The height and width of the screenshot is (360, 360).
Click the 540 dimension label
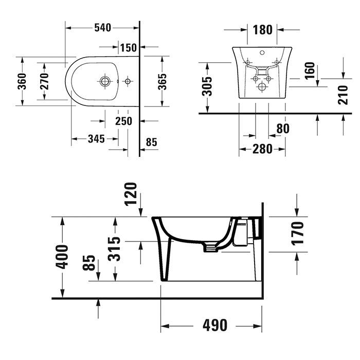pos(103,28)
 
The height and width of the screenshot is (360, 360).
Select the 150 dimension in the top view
pos(128,48)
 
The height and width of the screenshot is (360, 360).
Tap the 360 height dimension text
pos(22,81)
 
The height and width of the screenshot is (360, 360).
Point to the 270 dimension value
pos(44,81)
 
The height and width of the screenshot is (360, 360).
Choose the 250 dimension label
pos(123,121)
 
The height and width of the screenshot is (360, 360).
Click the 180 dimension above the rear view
pos(262,29)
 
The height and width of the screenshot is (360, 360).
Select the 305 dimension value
pos(207,87)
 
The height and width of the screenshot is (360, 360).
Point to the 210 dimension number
pos(343,95)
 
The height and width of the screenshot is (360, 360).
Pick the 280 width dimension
pos(262,149)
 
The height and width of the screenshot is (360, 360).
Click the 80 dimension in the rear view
pos(282,129)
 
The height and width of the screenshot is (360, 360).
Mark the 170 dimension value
pos(297,233)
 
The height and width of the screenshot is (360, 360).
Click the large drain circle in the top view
pos(105,81)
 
